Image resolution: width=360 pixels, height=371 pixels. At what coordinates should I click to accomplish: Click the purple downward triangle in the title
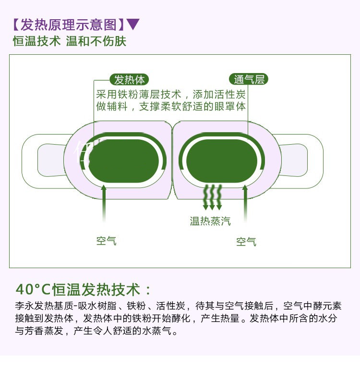click(x=133, y=24)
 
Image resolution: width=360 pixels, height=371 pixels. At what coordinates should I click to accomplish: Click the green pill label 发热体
click(x=129, y=79)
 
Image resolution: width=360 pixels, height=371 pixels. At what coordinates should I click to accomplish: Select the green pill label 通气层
click(x=249, y=79)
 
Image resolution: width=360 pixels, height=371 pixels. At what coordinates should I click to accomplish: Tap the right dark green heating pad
click(x=221, y=161)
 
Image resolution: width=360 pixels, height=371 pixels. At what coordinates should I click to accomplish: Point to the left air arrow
click(x=104, y=203)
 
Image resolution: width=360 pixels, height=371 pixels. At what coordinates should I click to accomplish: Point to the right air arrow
click(x=245, y=203)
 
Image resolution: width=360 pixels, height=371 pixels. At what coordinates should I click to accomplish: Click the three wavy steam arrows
click(x=213, y=197)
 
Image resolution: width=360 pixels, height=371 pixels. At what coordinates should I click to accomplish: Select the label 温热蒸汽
click(x=210, y=221)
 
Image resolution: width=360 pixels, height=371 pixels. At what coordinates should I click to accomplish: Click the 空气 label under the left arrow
click(x=107, y=241)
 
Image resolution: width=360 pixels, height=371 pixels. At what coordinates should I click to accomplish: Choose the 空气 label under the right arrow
click(x=246, y=242)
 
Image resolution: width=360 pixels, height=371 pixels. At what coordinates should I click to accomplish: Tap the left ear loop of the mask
click(x=45, y=161)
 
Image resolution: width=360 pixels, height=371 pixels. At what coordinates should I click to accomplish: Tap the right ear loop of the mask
click(x=300, y=161)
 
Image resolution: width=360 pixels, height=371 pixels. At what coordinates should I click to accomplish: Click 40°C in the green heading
click(x=33, y=289)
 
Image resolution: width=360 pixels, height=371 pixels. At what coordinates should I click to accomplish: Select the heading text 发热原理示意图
click(x=69, y=25)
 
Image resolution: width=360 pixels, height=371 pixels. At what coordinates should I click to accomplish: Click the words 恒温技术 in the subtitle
click(x=36, y=41)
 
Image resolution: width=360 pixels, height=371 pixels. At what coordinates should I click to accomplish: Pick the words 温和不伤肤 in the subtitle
click(x=96, y=41)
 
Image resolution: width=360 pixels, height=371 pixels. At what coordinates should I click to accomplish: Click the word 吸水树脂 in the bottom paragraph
click(x=97, y=306)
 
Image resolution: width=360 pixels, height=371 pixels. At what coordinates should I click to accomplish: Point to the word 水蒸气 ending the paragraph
click(x=156, y=331)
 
